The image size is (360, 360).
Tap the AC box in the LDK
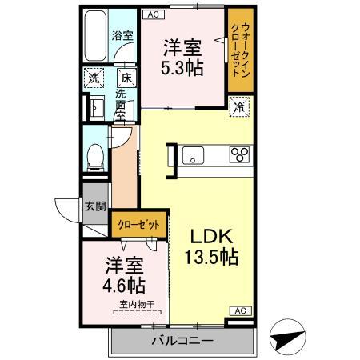[238, 310]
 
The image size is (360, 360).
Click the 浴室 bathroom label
[121, 35]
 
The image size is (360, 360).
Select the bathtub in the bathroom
[96, 37]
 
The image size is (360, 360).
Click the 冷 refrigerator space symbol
[238, 105]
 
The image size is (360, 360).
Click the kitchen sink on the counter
[195, 154]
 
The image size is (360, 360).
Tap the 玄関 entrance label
[95, 206]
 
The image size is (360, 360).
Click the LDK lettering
[211, 236]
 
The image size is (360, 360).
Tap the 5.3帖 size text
[182, 66]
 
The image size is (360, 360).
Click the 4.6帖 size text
[125, 285]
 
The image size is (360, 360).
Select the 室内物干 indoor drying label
[137, 304]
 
